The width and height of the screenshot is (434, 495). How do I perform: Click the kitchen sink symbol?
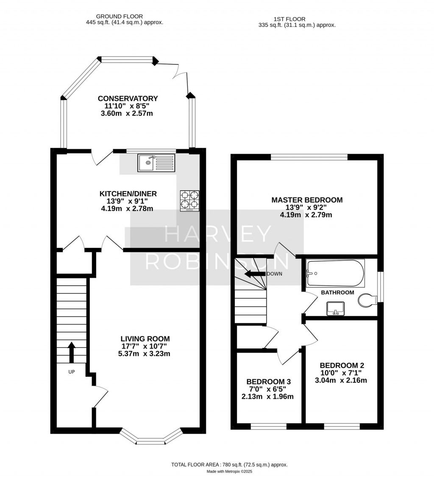click(x=156, y=163)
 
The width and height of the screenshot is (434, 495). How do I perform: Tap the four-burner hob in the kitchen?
click(x=189, y=200)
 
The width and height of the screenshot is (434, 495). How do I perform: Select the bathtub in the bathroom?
click(x=335, y=273)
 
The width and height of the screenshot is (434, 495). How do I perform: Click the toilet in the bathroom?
click(x=367, y=300)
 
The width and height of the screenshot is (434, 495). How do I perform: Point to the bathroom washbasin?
click(x=335, y=309)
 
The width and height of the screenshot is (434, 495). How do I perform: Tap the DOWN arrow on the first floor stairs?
click(x=255, y=274)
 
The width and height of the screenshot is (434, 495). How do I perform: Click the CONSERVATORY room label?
click(x=128, y=98)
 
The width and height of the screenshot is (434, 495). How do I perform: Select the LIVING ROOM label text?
click(x=145, y=339)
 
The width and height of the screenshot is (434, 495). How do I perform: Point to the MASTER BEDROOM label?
click(x=307, y=200)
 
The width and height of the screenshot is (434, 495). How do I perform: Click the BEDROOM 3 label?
click(x=268, y=381)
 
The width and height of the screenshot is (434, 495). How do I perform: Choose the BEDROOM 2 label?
click(x=342, y=365)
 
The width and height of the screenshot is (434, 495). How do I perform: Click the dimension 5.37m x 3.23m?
click(x=144, y=353)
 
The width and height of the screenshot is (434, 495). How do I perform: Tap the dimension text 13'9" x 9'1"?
click(x=128, y=201)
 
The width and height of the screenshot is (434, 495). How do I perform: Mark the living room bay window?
click(x=150, y=439)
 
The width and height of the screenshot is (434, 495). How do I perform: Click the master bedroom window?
click(x=309, y=157)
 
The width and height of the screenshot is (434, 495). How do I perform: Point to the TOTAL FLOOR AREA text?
click(x=229, y=464)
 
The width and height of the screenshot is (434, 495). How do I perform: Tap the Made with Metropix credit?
click(x=229, y=471)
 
